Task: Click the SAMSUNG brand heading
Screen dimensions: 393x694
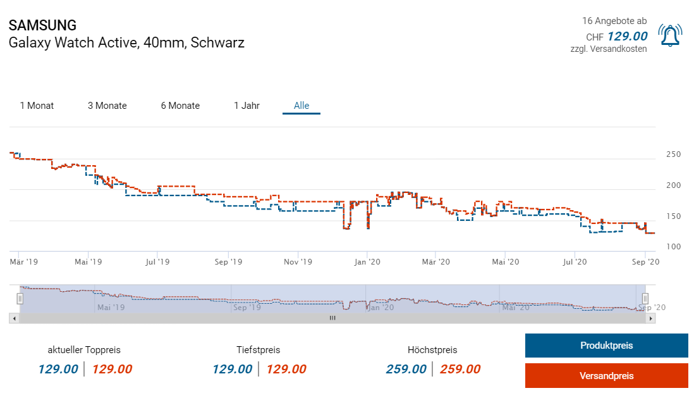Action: coord(42,25)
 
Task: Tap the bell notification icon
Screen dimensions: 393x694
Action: coord(670,35)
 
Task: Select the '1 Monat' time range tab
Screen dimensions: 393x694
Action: coord(37,106)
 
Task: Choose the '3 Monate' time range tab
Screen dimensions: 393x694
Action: coord(107,106)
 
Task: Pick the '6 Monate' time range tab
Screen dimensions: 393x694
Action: coord(180,106)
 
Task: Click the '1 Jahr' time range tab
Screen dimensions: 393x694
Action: coord(247,106)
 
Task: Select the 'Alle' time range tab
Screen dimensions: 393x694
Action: coord(301,106)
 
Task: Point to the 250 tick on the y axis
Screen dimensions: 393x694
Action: coord(673,154)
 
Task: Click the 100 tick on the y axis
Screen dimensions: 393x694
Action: coord(673,246)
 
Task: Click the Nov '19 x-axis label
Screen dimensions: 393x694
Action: coord(298,261)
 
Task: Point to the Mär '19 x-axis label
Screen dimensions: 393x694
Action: coord(24,261)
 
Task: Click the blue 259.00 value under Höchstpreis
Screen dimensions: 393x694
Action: coord(406,369)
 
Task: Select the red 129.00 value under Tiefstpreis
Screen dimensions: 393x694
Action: coord(286,369)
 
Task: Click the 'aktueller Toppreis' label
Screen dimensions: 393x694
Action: coord(84,349)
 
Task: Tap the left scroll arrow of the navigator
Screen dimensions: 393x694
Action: coord(13,318)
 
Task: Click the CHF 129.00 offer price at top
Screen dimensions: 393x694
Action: coord(627,36)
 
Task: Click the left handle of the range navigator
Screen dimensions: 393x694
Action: coord(20,298)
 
